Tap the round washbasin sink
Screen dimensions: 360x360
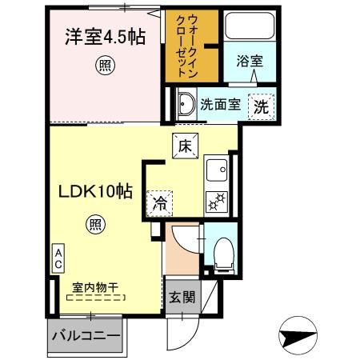coord(186,104)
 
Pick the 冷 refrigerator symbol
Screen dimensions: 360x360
coord(161,202)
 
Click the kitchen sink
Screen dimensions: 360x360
coord(218,170)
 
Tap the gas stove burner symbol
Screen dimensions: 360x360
coord(218,200)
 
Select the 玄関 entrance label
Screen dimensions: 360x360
coord(181,298)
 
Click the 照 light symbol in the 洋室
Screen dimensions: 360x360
coord(103,65)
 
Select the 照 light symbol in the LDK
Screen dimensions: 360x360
coord(95,226)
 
